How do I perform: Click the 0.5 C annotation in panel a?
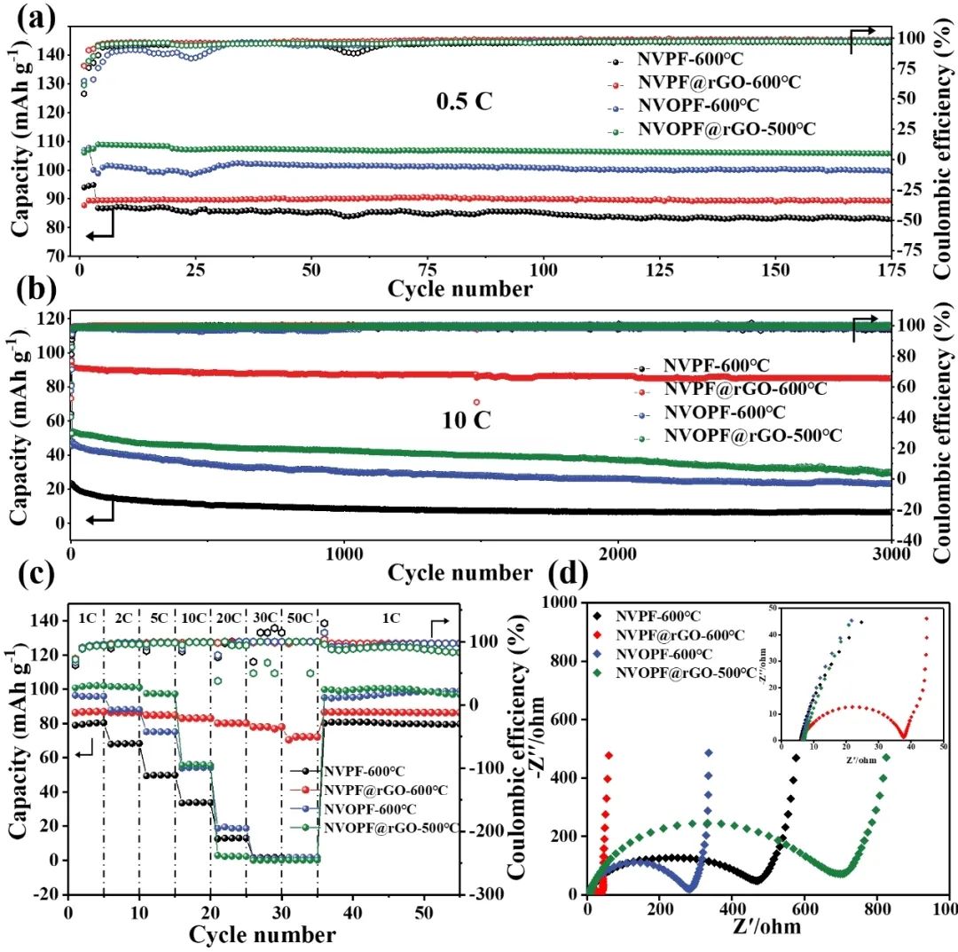(x=463, y=101)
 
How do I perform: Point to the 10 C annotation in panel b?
(x=466, y=420)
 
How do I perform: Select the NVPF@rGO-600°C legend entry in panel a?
(x=718, y=83)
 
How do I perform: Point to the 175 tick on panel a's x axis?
(x=889, y=270)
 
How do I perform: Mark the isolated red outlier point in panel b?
(x=476, y=403)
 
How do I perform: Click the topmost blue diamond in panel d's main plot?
(x=709, y=752)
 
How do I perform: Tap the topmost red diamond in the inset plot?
(x=926, y=619)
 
